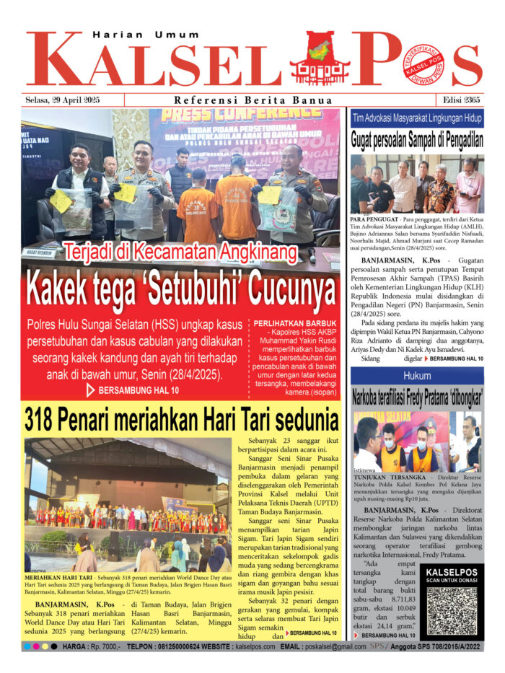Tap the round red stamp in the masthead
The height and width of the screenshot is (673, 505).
click(423, 63)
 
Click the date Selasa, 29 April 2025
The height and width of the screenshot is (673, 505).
click(62, 100)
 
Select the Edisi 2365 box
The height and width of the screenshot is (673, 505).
click(459, 100)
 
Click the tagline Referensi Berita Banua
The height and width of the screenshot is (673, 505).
click(253, 100)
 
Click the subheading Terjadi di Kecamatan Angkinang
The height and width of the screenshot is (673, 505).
click(180, 252)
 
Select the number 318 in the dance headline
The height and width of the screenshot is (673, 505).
click(48, 419)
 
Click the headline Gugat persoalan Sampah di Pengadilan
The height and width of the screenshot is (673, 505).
click(417, 139)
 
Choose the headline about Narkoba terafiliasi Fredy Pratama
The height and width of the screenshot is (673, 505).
click(417, 396)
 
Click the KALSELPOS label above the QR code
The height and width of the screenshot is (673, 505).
click(452, 573)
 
